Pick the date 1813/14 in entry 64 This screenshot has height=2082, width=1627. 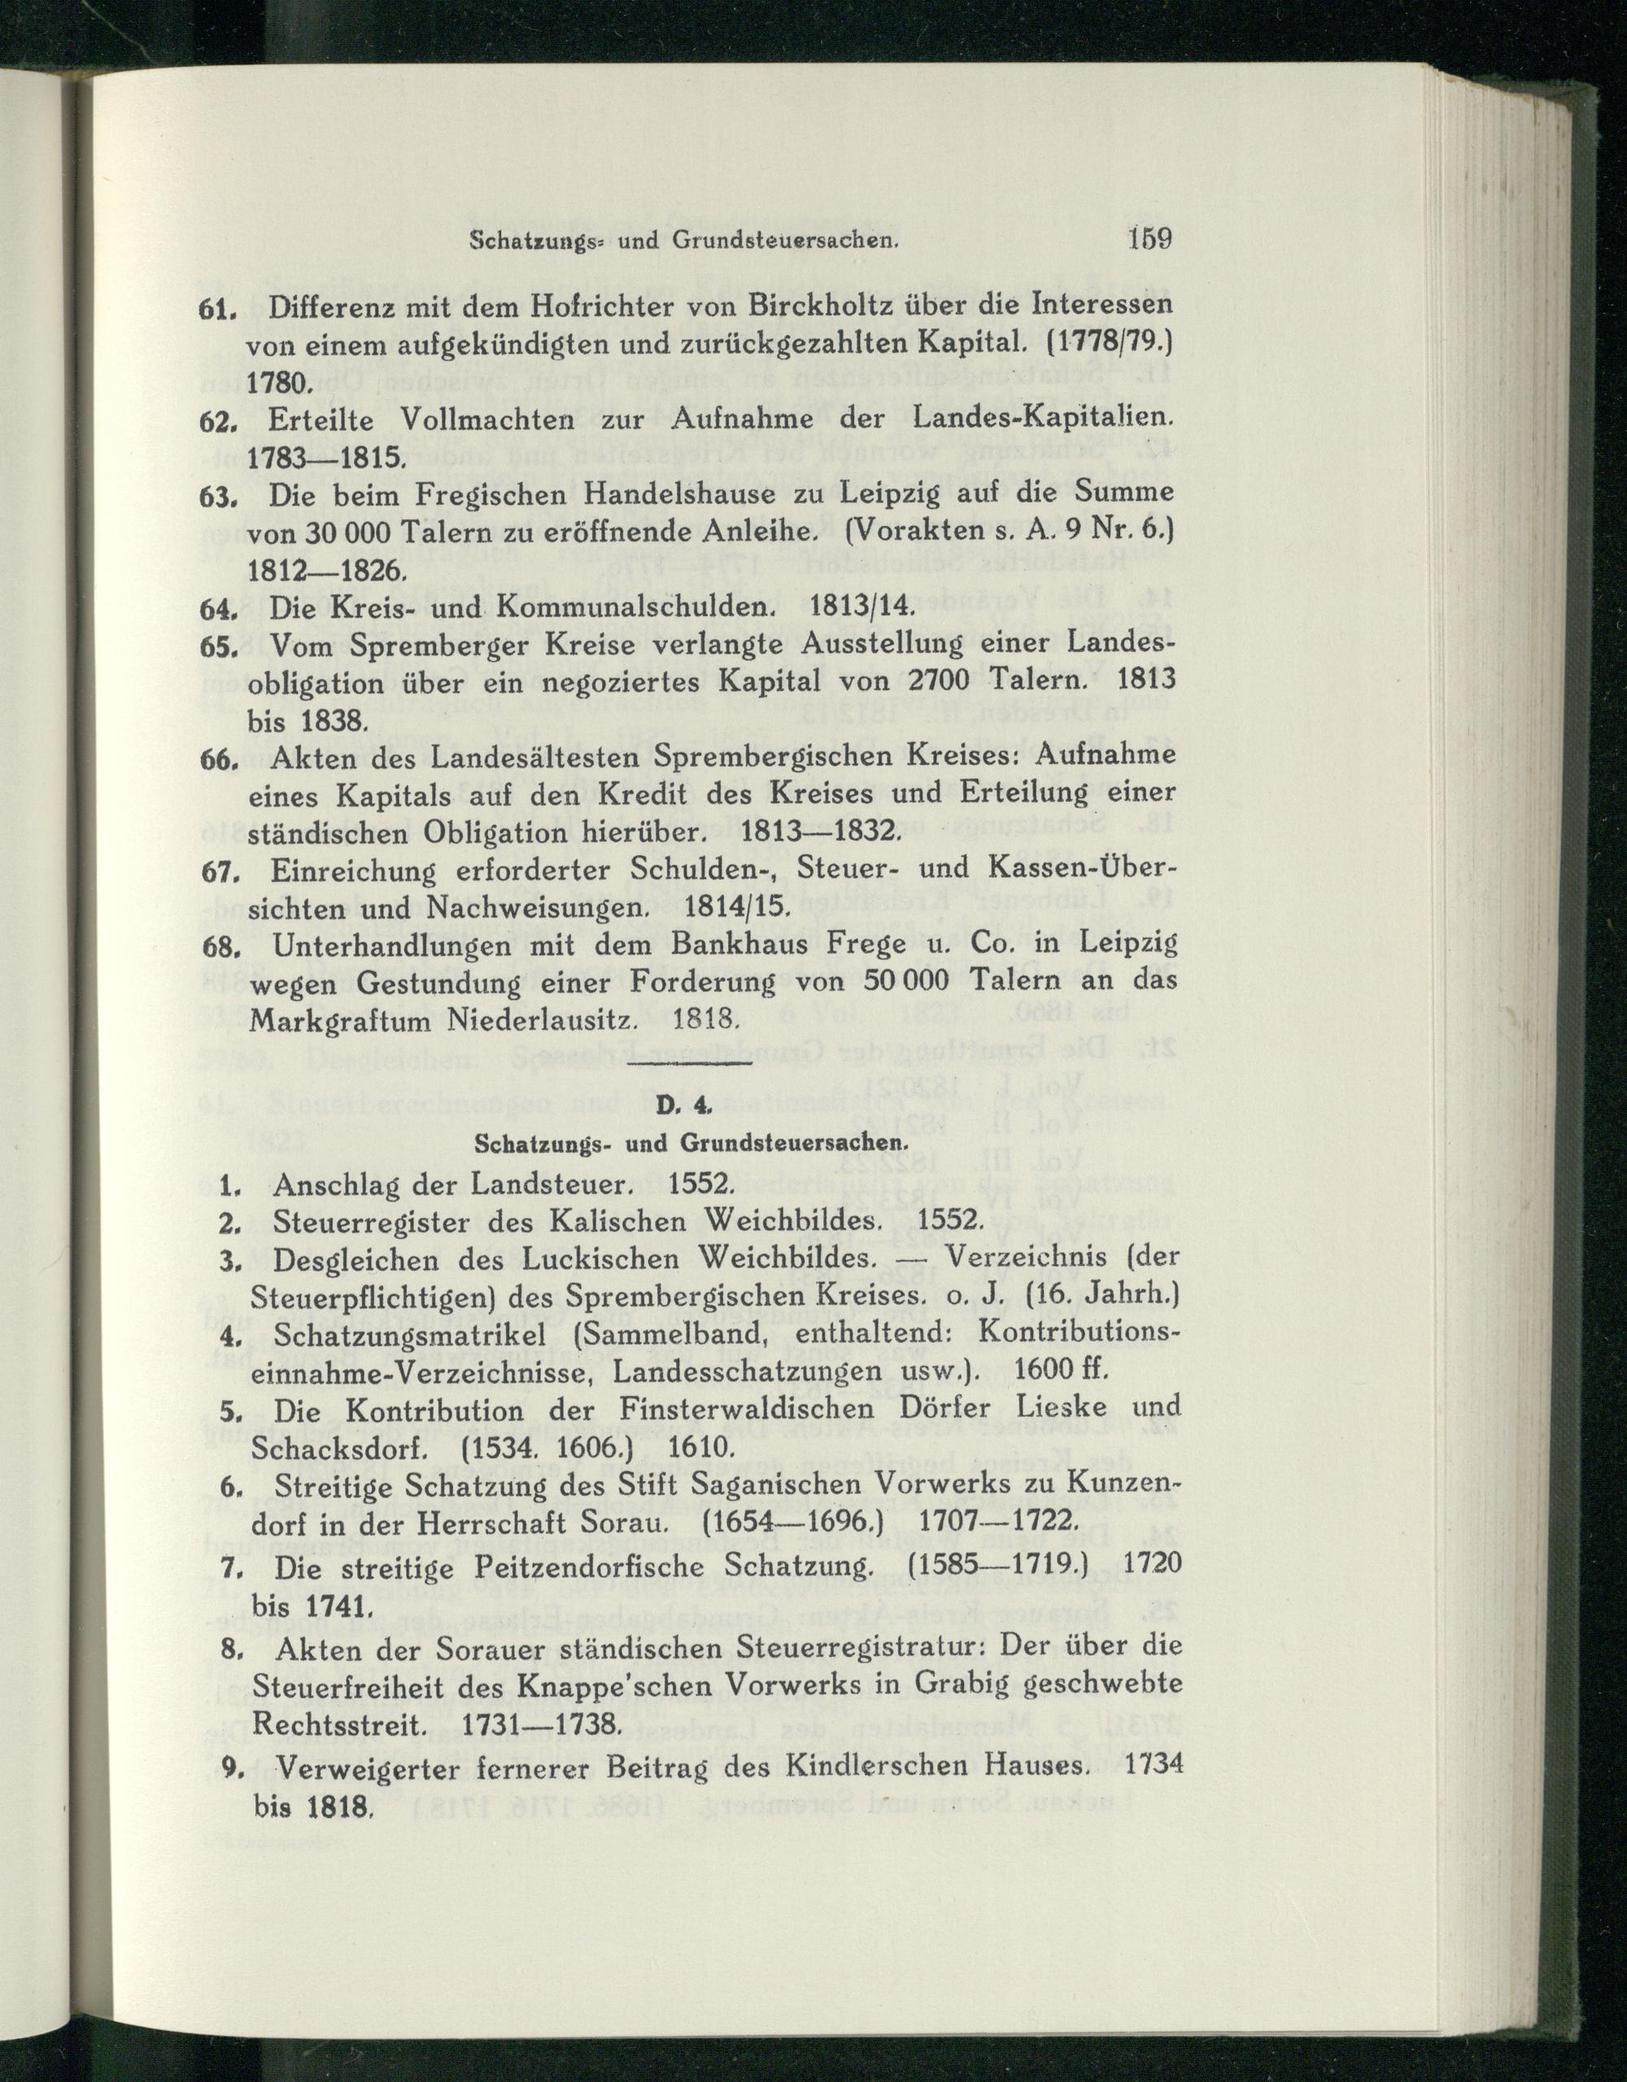pyautogui.click(x=861, y=606)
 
